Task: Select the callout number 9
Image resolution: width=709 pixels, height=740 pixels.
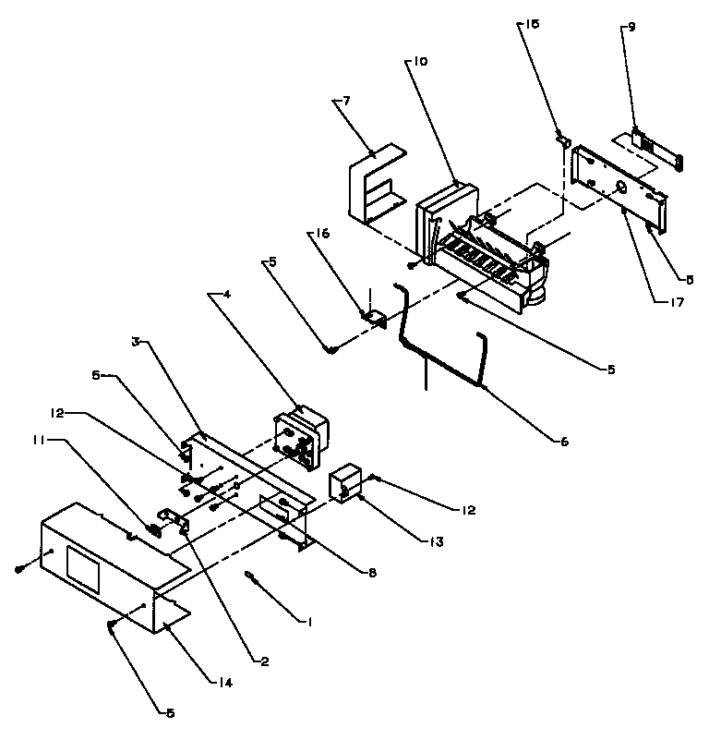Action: (x=631, y=28)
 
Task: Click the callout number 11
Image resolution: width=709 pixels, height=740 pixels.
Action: (x=39, y=442)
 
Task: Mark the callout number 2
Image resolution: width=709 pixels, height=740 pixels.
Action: (x=264, y=661)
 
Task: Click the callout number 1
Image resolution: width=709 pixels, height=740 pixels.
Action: (x=310, y=622)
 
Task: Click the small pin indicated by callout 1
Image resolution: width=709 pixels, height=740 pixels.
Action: (x=254, y=579)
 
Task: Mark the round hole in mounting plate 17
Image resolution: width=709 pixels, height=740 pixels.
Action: (x=620, y=188)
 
